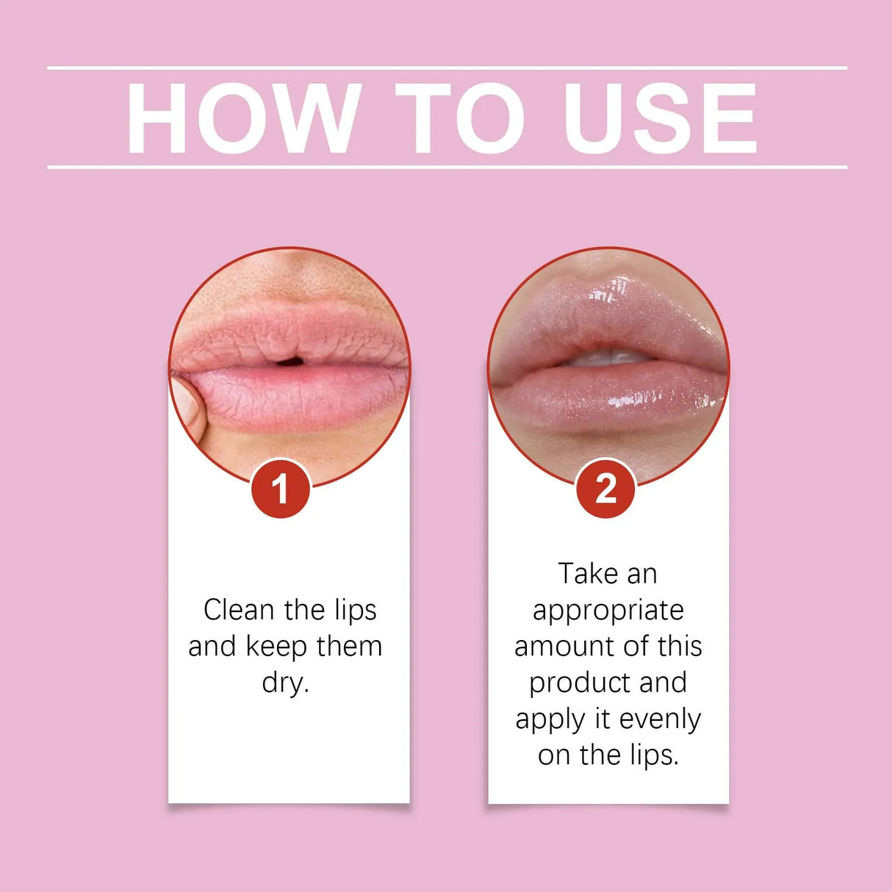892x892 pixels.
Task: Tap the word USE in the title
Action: pos(660,118)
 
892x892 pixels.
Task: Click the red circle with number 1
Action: pos(280,489)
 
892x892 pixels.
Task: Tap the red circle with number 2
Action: pos(605,489)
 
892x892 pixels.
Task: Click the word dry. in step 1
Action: pos(285,683)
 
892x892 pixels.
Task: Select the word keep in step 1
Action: pos(276,647)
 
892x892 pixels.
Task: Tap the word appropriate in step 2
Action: pos(608,611)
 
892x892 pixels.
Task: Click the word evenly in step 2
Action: pos(660,719)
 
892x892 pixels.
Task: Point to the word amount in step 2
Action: pos(561,647)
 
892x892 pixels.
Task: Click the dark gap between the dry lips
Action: pos(289,361)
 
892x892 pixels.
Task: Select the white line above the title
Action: pos(447,68)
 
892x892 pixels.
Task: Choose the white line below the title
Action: pos(447,168)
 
